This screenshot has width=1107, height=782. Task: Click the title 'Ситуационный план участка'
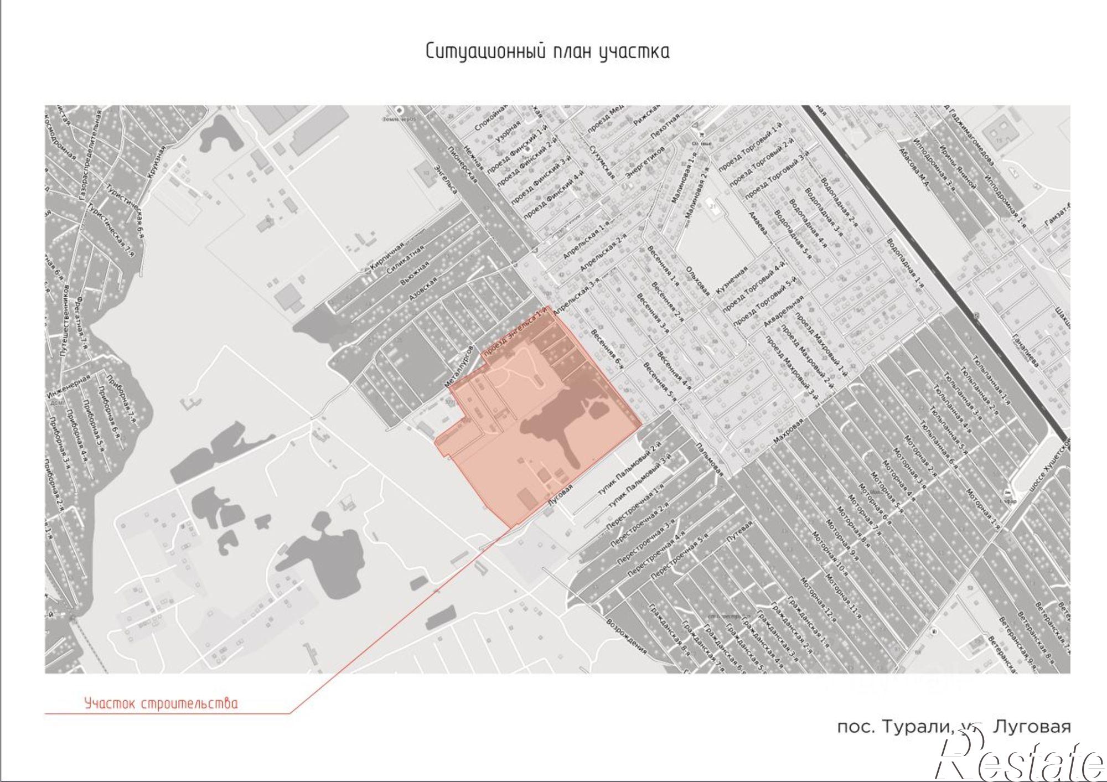click(547, 51)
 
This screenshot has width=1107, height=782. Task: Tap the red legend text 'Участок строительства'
click(161, 703)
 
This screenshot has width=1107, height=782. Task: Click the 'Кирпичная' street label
click(388, 256)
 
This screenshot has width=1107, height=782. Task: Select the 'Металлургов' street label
click(459, 366)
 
